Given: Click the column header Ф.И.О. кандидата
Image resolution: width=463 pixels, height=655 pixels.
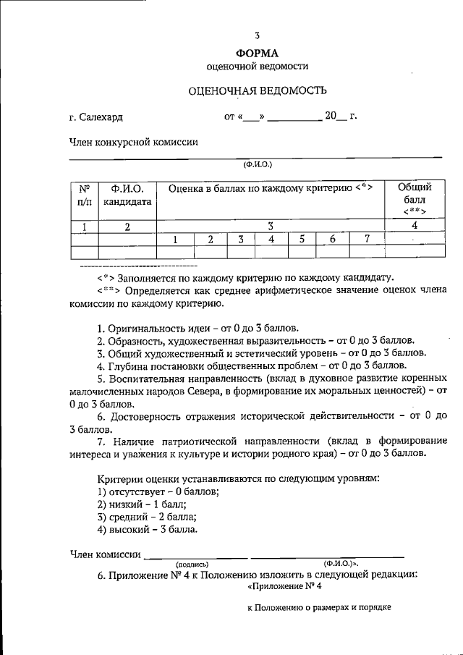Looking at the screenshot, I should [x=127, y=195].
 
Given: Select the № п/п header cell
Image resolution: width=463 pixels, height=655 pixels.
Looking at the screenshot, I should [x=85, y=195].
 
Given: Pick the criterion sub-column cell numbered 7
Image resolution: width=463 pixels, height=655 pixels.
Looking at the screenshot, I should [x=367, y=240].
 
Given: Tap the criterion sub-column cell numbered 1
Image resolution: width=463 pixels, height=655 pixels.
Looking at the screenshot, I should [x=174, y=240].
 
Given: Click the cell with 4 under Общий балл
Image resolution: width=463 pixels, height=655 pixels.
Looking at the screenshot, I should [x=415, y=226].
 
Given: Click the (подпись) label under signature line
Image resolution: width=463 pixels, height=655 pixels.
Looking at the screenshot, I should [x=192, y=563].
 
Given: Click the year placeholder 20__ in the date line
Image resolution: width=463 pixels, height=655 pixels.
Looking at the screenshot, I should [x=335, y=116].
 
